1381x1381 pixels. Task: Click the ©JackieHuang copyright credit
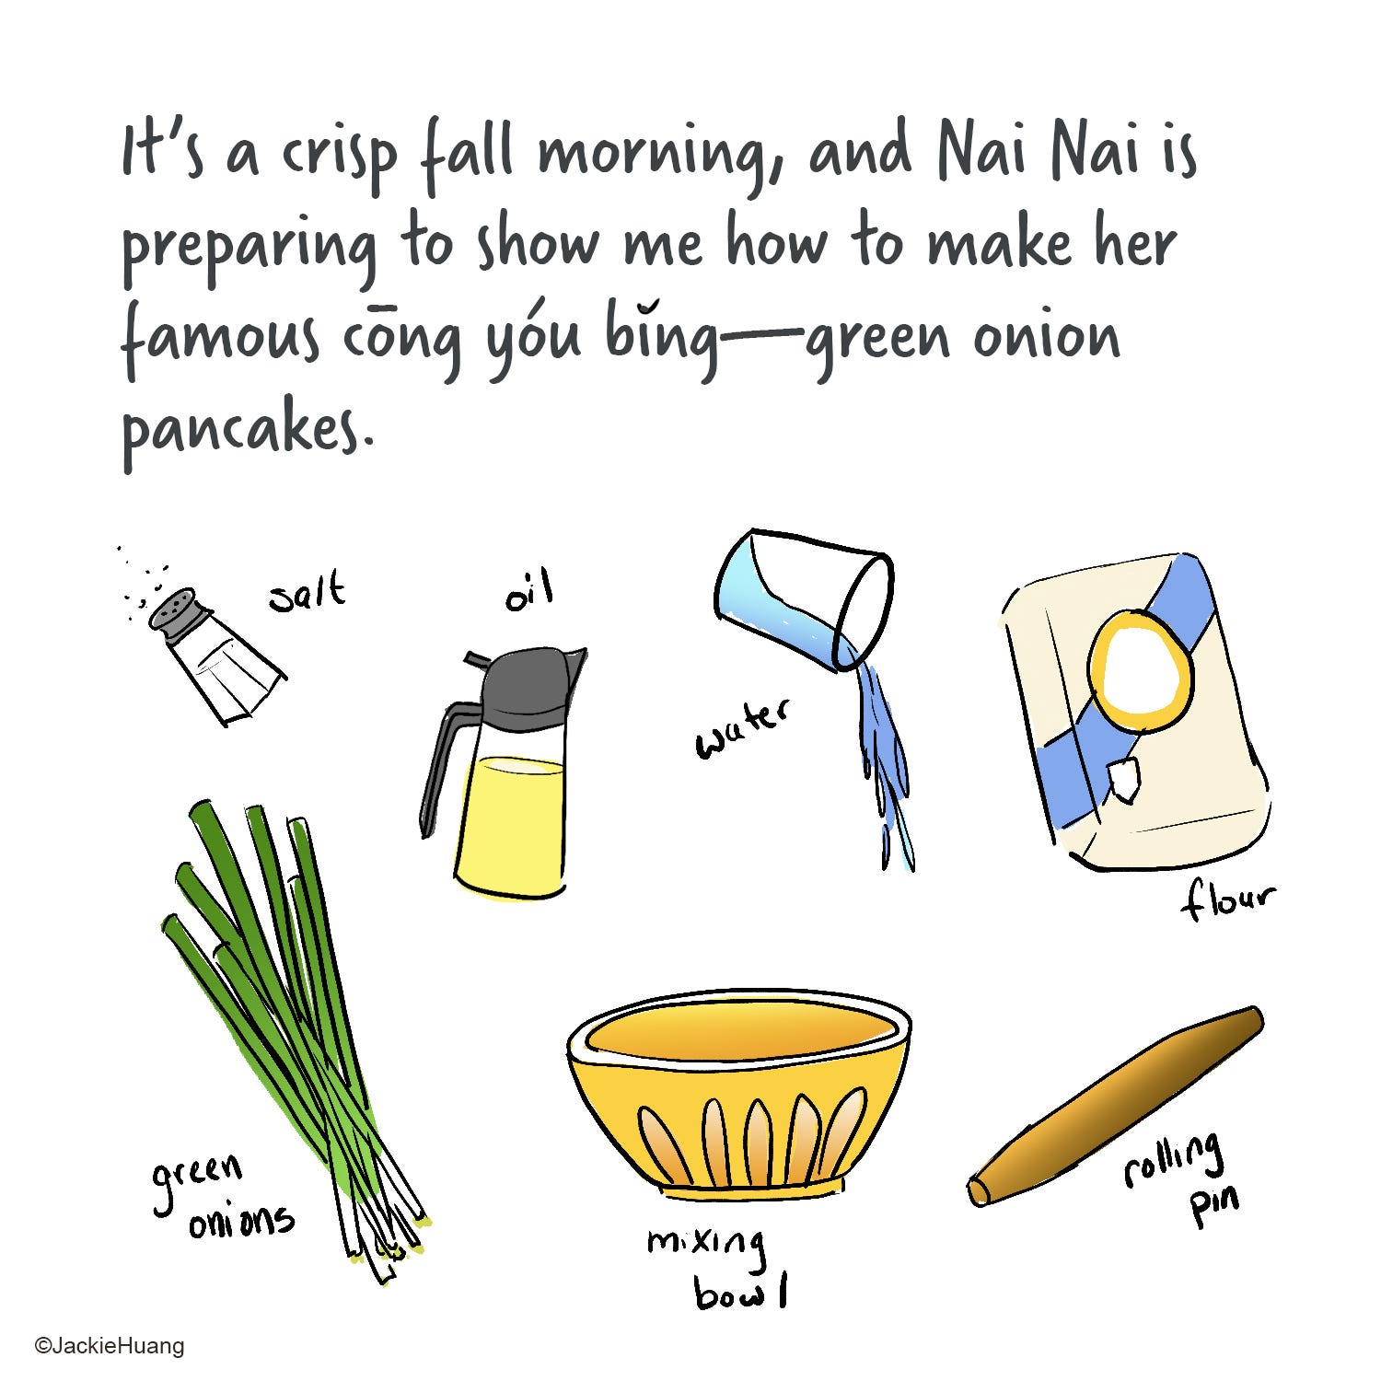(x=110, y=1346)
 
